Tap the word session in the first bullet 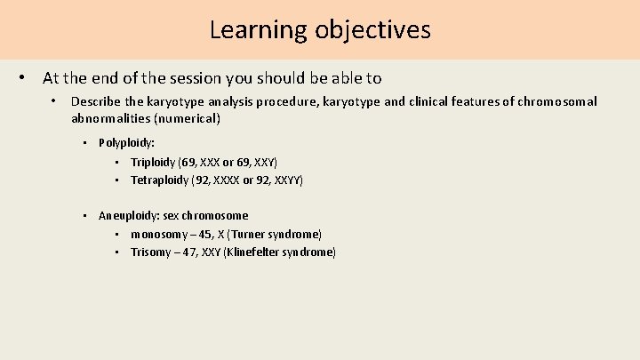pos(218,78)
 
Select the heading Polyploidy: pos(127,142)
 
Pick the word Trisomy pos(150,252)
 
